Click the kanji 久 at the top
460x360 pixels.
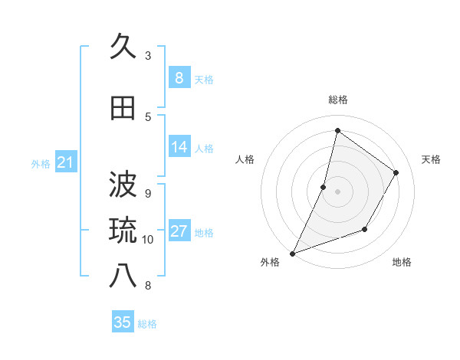point(123,47)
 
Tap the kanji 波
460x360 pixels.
point(123,184)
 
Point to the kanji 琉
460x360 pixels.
point(123,229)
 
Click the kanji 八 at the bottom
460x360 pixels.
point(123,275)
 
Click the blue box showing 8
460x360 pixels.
point(179,78)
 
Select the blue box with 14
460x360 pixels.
point(179,147)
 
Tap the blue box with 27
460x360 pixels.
point(179,231)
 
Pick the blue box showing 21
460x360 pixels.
point(65,162)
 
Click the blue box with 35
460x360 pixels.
point(123,322)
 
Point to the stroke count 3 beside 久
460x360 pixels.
point(148,56)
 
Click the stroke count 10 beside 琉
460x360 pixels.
point(148,239)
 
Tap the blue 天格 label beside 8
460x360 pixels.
point(204,80)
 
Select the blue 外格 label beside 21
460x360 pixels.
point(40,164)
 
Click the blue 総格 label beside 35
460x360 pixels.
point(147,324)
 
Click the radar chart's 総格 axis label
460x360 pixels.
point(337,100)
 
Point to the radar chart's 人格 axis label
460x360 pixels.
point(245,159)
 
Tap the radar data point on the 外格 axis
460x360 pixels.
point(292,253)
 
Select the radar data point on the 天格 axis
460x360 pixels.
point(396,172)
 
